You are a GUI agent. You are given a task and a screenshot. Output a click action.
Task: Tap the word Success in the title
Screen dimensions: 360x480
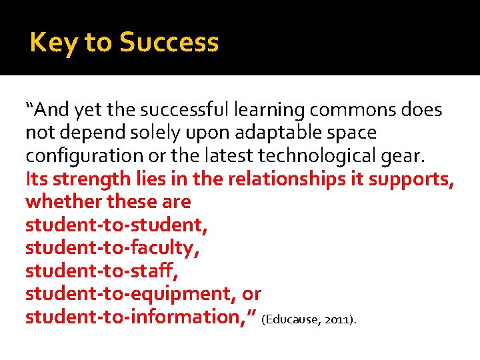click(169, 43)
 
